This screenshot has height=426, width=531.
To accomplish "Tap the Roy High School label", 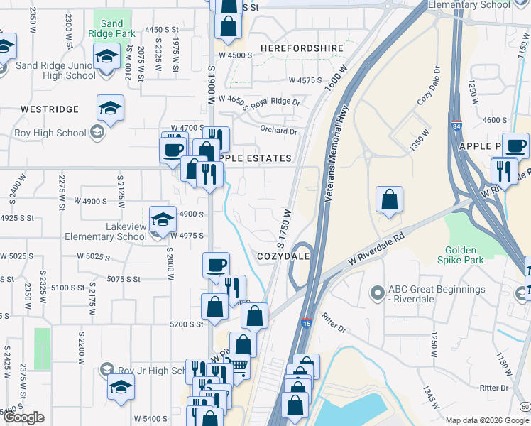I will [x=50, y=133].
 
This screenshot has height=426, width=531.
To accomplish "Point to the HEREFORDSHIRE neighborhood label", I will [x=302, y=48].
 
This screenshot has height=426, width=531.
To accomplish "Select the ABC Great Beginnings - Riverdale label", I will [x=437, y=295].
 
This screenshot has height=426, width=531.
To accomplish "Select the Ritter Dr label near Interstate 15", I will [x=333, y=324].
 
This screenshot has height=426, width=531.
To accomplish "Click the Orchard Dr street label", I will [x=278, y=131].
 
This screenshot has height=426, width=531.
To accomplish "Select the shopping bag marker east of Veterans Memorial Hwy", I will [x=389, y=200].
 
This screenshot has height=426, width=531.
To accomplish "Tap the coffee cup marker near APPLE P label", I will [x=515, y=146].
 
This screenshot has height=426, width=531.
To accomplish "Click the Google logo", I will [x=23, y=417].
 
